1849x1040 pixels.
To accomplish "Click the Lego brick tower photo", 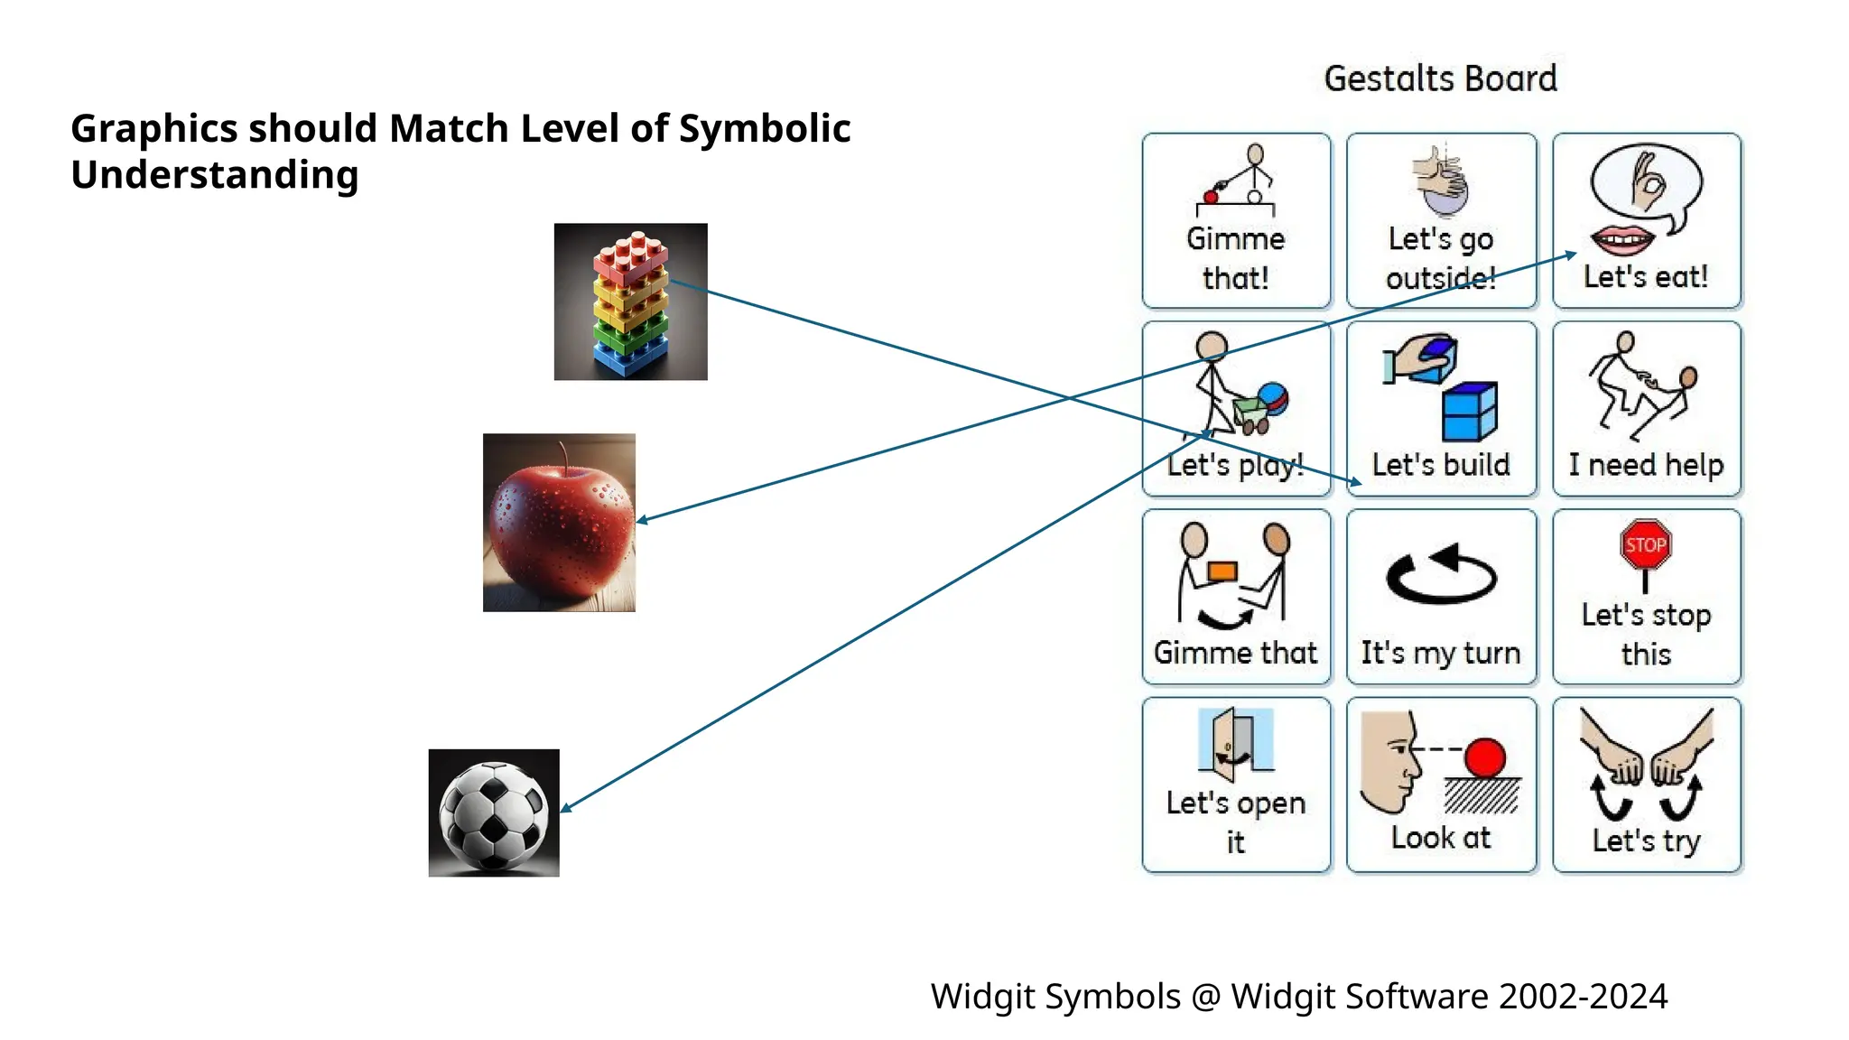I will click(x=630, y=302).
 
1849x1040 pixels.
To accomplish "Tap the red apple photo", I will click(x=559, y=523).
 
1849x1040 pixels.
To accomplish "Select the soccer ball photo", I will click(x=494, y=812).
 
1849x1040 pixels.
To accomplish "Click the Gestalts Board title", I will click(x=1440, y=79).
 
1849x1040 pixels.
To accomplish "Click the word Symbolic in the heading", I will click(x=764, y=128).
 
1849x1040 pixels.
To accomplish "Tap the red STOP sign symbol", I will click(x=1645, y=544).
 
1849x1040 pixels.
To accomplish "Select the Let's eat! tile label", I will click(x=1645, y=276).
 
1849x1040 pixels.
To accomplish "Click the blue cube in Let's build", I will click(x=1469, y=412).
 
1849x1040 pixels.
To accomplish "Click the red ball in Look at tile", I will click(x=1484, y=757).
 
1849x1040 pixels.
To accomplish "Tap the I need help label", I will click(x=1645, y=465).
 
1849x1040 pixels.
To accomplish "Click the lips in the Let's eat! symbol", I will click(x=1622, y=241).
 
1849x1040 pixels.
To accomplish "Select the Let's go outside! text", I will click(x=1440, y=258).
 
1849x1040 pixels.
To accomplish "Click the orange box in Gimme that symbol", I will click(x=1222, y=571).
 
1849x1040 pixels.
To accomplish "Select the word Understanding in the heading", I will click(x=215, y=175).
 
